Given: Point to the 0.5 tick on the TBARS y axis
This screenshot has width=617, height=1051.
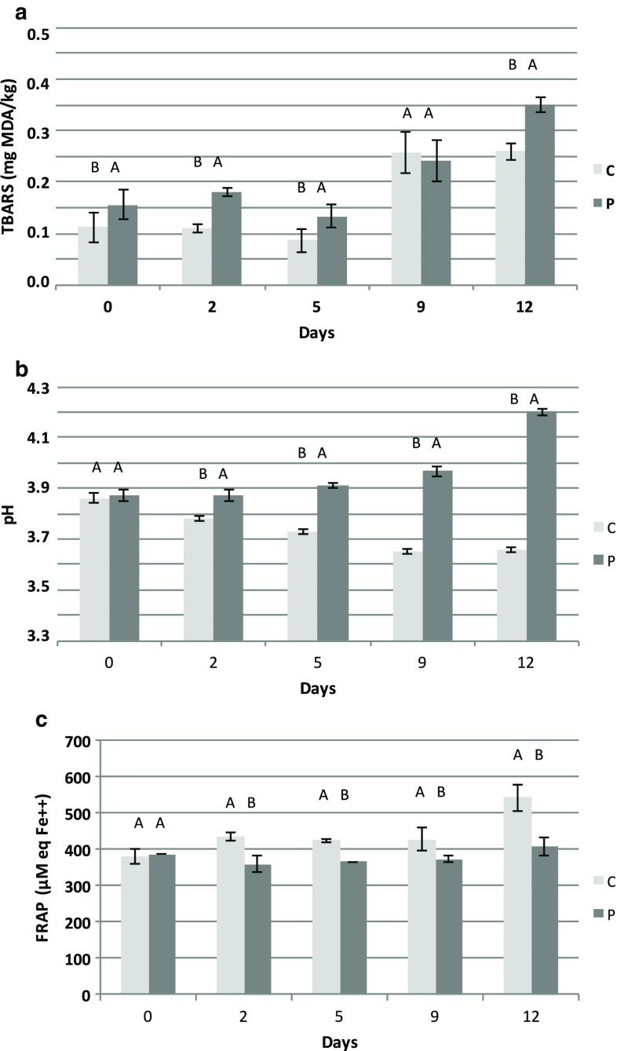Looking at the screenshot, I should point(38,33).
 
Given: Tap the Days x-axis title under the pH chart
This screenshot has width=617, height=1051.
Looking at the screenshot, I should point(317,689).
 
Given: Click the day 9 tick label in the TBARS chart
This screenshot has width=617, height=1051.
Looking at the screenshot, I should point(422,306).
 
